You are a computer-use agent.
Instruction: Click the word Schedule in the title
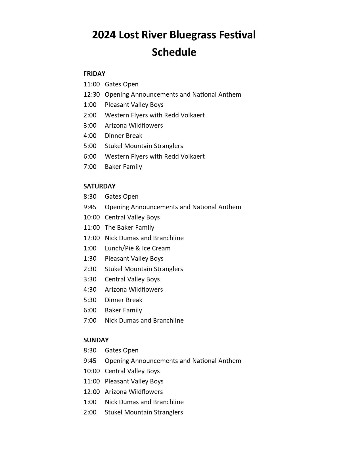(174, 52)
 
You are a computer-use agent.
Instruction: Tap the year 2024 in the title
(104, 35)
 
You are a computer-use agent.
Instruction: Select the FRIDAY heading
(94, 74)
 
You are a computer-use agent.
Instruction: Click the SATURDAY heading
(99, 186)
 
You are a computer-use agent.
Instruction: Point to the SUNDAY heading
(96, 340)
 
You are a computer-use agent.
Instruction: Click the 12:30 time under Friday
(91, 94)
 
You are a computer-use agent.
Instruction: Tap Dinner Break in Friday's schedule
(124, 136)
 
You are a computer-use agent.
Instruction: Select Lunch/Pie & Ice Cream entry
(137, 248)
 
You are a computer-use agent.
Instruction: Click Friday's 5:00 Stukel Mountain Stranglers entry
(144, 146)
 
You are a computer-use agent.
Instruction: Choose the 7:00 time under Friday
(90, 167)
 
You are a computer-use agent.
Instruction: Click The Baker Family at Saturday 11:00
(129, 227)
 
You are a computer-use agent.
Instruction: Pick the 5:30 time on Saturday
(90, 300)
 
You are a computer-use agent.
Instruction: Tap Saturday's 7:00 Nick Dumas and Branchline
(144, 320)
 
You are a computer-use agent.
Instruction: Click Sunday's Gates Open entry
(122, 350)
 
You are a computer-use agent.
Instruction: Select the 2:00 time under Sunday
(90, 412)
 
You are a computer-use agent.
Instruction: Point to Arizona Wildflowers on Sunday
(134, 392)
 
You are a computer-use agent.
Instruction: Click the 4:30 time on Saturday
(90, 289)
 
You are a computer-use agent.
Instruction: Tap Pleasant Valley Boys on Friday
(134, 105)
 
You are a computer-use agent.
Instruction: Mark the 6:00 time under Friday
(90, 156)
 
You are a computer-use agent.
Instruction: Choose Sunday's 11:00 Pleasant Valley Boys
(134, 381)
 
